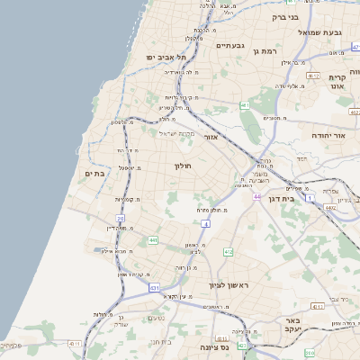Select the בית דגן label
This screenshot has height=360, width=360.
[282, 198]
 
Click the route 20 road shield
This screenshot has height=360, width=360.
[120, 219]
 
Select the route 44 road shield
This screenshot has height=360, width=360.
[256, 196]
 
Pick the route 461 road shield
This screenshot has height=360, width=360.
[246, 106]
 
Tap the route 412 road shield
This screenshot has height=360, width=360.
[228, 252]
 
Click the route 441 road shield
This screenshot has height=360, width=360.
[153, 240]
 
